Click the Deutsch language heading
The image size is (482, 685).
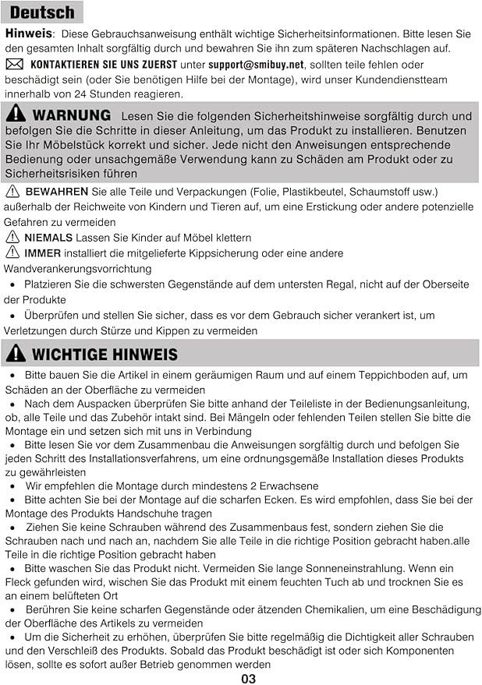[x=43, y=12]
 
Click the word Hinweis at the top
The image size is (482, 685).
[x=29, y=34]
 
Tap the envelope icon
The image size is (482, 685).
[x=14, y=65]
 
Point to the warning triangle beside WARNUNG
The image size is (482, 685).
[x=16, y=115]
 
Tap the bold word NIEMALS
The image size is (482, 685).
[x=48, y=237]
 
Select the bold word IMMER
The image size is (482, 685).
[x=43, y=253]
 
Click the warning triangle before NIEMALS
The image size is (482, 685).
[x=12, y=237]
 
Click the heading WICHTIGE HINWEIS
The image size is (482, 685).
[x=105, y=355]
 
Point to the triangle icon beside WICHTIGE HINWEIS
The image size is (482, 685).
[x=16, y=354]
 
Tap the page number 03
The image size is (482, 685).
[x=248, y=679]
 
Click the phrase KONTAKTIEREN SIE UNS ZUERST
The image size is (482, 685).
[x=104, y=65]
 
